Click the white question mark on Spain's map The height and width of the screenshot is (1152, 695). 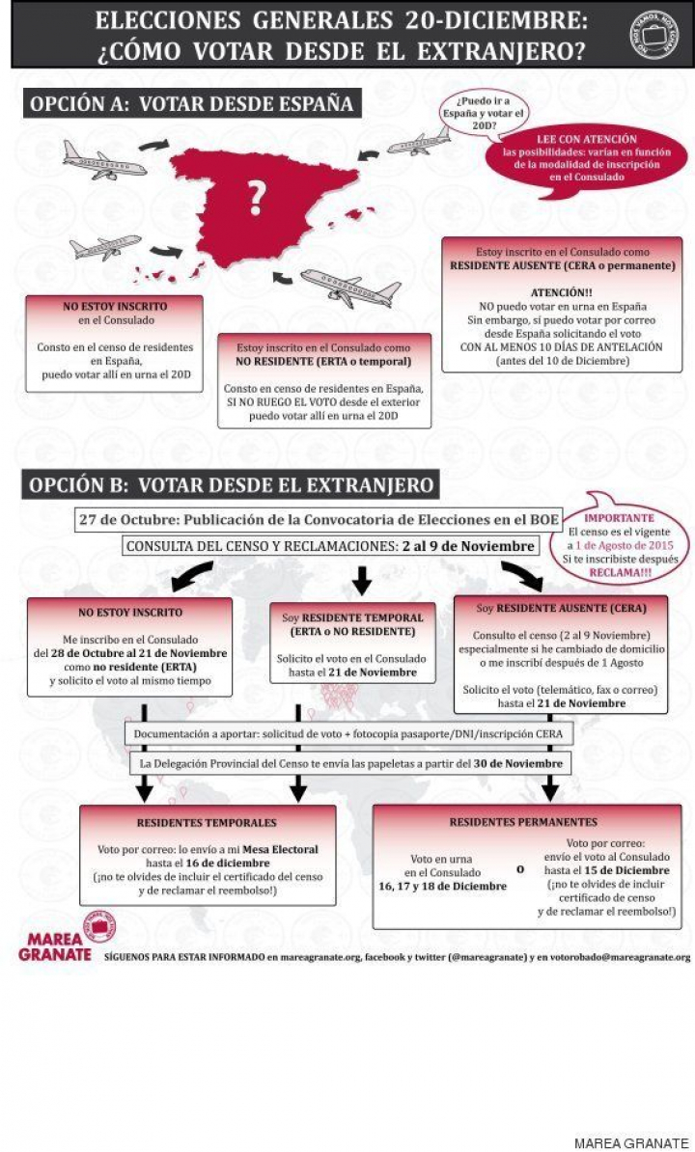pos(256,199)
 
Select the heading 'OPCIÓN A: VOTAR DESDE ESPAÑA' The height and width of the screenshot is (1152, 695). pos(192,103)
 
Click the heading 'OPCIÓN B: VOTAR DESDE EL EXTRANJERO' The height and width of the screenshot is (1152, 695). pos(232,483)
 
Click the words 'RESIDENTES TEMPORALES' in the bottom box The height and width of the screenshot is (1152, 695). pos(207,823)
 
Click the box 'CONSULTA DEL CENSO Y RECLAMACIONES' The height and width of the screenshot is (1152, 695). pos(329,546)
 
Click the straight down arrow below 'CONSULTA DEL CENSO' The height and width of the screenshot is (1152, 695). pos(361,580)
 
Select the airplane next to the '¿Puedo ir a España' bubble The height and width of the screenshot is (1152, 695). pos(418,143)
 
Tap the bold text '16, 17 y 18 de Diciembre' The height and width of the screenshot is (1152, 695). pos(456,886)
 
